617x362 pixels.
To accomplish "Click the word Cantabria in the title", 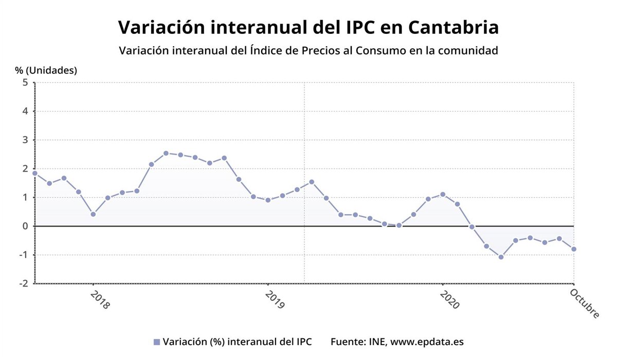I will point(453,27).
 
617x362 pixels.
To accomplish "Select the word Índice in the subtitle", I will point(270,51).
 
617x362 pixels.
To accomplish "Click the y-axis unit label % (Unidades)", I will point(46,70).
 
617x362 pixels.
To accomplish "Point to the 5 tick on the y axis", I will point(25,83).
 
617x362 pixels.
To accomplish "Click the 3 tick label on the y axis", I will point(25,140).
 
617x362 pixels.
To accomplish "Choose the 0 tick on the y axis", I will point(25,226).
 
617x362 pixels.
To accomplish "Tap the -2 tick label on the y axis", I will point(23,283).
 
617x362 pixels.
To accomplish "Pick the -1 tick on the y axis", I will point(23,255).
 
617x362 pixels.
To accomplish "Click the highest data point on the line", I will point(166,153).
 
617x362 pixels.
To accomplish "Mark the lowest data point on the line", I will point(501,257).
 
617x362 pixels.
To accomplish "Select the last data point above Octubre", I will point(574,249).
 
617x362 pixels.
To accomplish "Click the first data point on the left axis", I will point(35,173).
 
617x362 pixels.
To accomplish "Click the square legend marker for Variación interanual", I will point(157,342).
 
